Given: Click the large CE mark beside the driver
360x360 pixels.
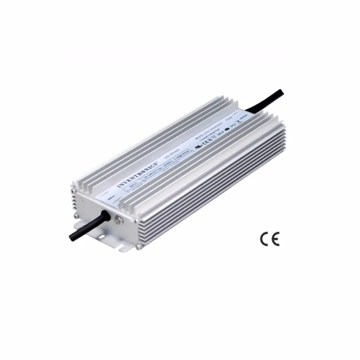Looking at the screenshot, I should pyautogui.click(x=269, y=239).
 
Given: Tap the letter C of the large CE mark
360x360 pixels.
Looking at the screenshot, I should pyautogui.click(x=264, y=239).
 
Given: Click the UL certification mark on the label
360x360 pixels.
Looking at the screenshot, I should pyautogui.click(x=198, y=147).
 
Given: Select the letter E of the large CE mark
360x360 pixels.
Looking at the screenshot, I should pyautogui.click(x=275, y=239).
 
